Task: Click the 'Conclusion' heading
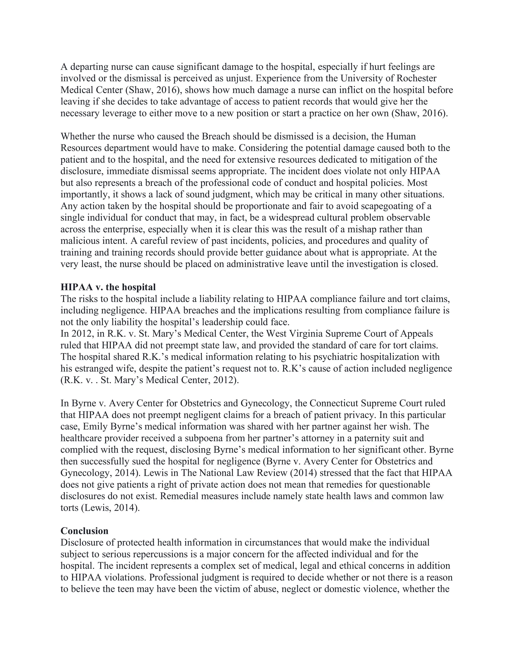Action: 84,531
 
